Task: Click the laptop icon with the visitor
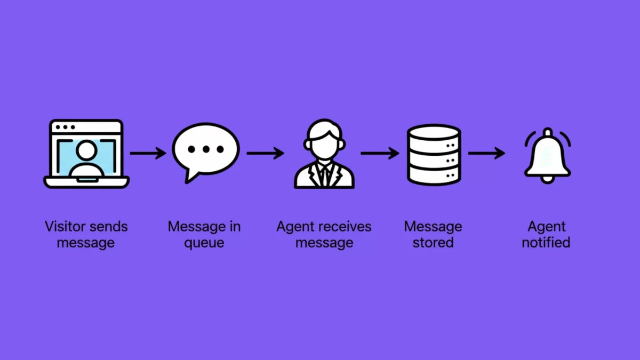(86, 154)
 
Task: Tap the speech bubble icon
(205, 149)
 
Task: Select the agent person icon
(324, 155)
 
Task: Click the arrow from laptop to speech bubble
(148, 154)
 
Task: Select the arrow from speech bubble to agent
(265, 154)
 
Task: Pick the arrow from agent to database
(379, 154)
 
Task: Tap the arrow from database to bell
(486, 154)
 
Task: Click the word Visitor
(63, 226)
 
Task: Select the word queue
(204, 243)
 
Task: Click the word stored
(433, 243)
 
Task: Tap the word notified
(546, 243)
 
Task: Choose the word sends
(108, 226)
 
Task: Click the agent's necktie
(324, 173)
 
